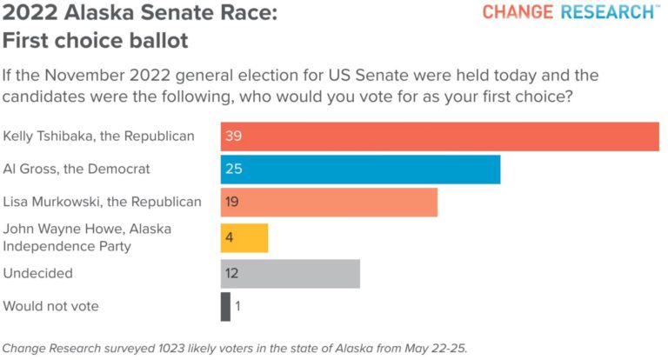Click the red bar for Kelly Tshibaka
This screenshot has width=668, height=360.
coord(439,137)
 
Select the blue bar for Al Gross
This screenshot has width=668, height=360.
coord(360,169)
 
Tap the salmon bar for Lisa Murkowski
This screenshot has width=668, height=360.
coord(329,203)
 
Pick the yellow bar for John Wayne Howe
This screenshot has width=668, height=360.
coord(244,237)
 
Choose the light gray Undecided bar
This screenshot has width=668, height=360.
coord(290,273)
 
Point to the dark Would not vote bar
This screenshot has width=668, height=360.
coord(225,306)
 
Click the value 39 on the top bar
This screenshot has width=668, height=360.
coord(233,137)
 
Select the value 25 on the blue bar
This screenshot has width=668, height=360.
coord(233,169)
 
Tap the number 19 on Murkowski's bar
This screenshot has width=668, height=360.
coord(232,203)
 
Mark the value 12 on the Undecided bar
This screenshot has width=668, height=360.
coord(232,273)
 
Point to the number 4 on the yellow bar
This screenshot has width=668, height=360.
coord(229,237)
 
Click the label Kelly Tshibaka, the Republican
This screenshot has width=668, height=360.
coord(98,137)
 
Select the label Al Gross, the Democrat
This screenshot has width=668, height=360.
coord(77,169)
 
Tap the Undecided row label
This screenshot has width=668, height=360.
coord(38,273)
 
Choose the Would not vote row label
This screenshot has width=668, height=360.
coord(51,306)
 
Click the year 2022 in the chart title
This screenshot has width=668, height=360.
coord(25,15)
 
